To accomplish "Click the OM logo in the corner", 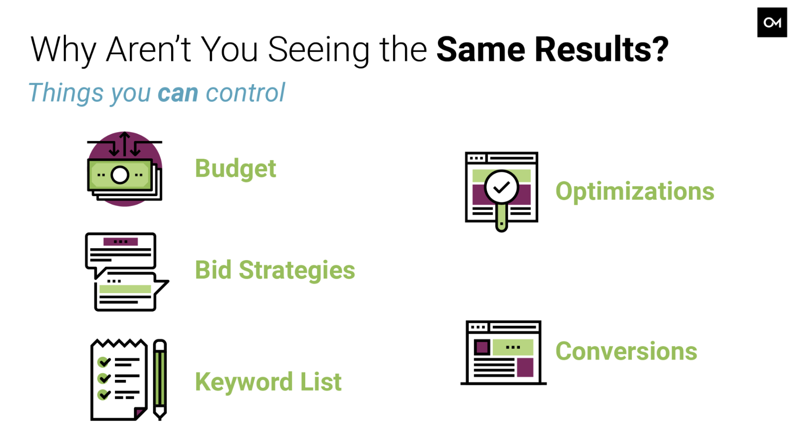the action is (x=772, y=22).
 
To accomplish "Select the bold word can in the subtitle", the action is (x=178, y=93).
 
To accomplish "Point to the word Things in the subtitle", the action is (x=66, y=93).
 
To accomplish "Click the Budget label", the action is (x=235, y=169).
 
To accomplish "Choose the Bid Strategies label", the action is (x=275, y=270).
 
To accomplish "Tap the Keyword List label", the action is (x=268, y=382).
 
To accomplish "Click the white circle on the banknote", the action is (x=120, y=175).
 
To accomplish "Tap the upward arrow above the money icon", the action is (x=125, y=144).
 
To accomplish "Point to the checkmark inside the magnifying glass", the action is (x=501, y=187).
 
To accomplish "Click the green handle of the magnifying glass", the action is (x=501, y=217).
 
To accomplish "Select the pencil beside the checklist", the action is (x=160, y=379).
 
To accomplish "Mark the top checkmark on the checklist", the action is (x=104, y=361).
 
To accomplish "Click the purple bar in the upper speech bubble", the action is (x=121, y=242).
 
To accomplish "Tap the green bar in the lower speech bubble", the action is (x=125, y=289).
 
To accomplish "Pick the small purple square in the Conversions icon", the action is (x=482, y=347).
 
